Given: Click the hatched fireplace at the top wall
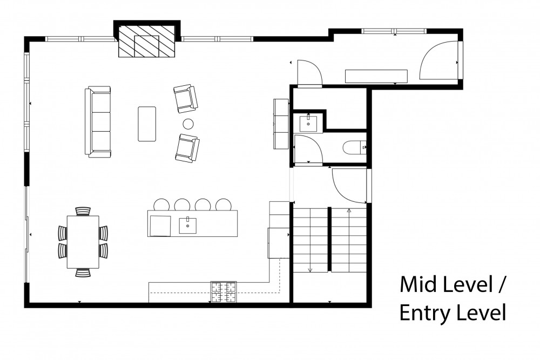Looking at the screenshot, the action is (147, 41).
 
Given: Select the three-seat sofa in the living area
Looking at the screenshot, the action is (98, 122).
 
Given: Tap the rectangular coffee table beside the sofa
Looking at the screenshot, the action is (147, 124).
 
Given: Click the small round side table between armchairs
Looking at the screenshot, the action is (188, 124).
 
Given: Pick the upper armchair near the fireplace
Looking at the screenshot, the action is (186, 99).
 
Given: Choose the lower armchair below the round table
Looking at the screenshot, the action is (187, 148).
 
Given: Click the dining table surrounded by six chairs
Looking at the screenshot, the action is (83, 242).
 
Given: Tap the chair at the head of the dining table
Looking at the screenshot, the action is (83, 211).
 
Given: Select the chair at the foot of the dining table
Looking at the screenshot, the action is (83, 273).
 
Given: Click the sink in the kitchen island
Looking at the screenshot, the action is (188, 226).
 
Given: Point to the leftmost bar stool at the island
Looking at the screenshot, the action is (161, 205).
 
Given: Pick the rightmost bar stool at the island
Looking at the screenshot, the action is (223, 205).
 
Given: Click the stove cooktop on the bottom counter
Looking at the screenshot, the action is (224, 292).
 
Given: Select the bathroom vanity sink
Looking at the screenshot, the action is (308, 124).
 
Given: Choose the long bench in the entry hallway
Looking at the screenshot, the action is (376, 77).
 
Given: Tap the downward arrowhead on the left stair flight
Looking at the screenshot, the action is (310, 270).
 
